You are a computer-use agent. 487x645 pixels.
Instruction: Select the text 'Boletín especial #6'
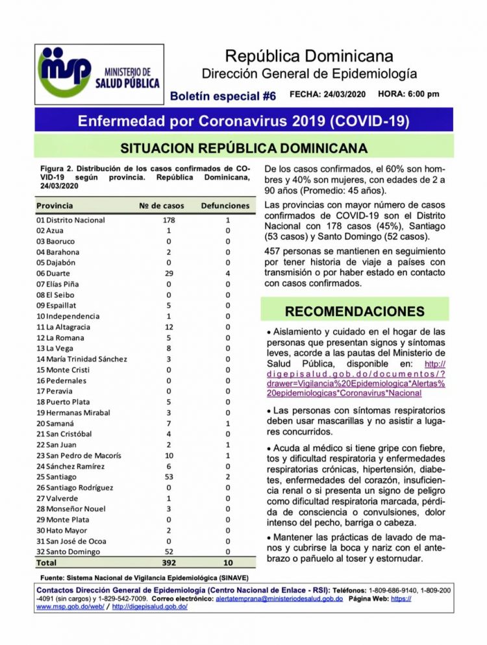[x=223, y=96]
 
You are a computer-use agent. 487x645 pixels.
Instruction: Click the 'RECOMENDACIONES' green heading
[x=355, y=311]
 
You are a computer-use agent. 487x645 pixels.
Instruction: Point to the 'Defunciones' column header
[x=225, y=206]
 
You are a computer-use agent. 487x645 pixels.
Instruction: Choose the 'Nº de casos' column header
[x=162, y=206]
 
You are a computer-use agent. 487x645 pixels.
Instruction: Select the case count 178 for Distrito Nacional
[x=169, y=221]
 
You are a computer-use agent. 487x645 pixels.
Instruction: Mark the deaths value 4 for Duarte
[x=228, y=274]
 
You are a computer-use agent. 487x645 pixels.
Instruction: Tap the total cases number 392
[x=169, y=562]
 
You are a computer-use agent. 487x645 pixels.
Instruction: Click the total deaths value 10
[x=227, y=562]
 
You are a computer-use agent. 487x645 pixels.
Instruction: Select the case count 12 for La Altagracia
[x=169, y=327]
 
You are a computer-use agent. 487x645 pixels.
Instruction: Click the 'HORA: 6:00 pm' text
[x=408, y=94]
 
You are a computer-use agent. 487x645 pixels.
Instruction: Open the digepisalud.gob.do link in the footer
[x=150, y=606]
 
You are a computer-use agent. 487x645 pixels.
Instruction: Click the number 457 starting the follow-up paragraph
[x=273, y=251]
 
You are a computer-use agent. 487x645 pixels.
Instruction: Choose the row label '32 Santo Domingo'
[x=68, y=552]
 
